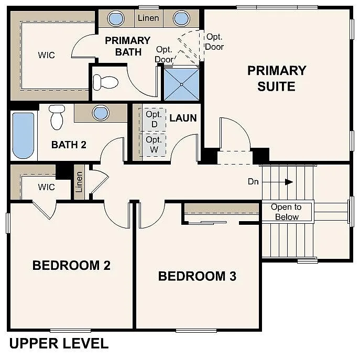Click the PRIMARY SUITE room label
pos(276,78)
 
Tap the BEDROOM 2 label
pos(71,265)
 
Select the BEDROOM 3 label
pos(197,276)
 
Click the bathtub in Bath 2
pos(23,135)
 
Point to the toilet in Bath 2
pos(57,116)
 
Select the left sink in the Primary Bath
pos(116,18)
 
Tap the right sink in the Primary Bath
pos(181,18)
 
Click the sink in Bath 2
pos(100,113)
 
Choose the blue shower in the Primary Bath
pos(181,84)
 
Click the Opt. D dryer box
pos(154,119)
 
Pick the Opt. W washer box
pos(154,144)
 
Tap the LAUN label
pos(183,118)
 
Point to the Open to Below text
pos(286,212)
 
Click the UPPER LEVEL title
pos(59,344)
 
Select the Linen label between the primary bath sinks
pos(148,18)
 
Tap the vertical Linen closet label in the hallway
pos(79,182)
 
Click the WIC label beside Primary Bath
pos(46,55)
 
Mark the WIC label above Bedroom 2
pos(46,187)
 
